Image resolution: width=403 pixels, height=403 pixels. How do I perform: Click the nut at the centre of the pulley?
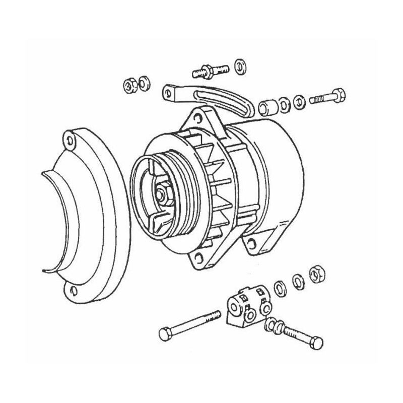click(164, 193)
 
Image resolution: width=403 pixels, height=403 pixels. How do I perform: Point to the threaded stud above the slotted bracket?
click(211, 70)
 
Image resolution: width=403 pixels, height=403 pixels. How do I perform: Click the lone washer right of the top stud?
click(240, 66)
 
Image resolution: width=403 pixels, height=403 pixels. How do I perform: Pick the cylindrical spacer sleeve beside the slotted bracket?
click(267, 107)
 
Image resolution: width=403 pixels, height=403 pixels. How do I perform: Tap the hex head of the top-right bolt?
click(338, 94)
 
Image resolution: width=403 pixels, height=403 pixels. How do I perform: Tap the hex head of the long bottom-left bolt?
click(166, 333)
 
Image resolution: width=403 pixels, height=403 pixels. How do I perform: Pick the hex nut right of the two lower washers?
click(317, 274)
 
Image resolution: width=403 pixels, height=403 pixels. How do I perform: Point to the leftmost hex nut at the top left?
click(129, 85)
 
